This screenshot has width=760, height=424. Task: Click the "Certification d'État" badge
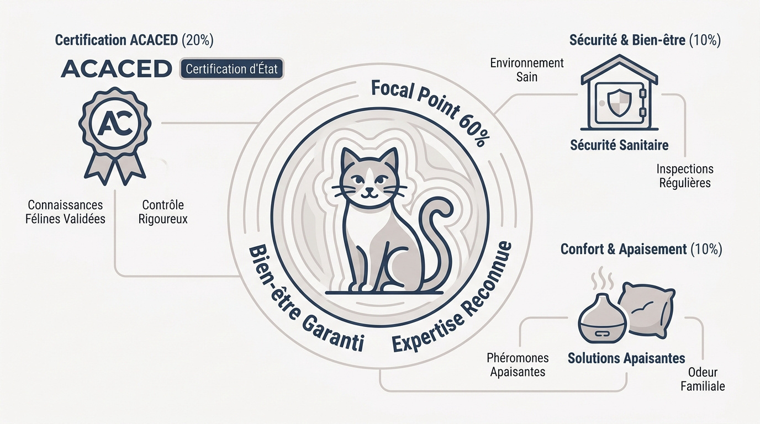pos(231,69)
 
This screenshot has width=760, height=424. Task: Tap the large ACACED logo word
pos(116,68)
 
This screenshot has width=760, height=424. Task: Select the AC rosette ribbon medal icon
pos(115,136)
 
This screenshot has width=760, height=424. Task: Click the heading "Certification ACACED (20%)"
pos(134,40)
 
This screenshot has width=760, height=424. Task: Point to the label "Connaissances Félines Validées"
pos(65,212)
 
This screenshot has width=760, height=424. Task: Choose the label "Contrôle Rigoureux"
pos(163,212)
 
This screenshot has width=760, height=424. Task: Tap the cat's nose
pos(370,189)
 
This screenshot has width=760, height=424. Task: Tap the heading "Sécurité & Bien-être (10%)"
pos(645,40)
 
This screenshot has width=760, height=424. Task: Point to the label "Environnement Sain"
pos(527,70)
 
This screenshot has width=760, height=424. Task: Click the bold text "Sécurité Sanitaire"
pos(619,145)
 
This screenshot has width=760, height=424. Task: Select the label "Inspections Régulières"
pos(685,176)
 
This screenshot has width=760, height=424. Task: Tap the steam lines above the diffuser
pos(602,278)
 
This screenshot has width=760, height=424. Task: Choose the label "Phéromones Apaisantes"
pos(518,364)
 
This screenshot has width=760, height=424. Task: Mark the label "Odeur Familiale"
pos(703,379)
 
